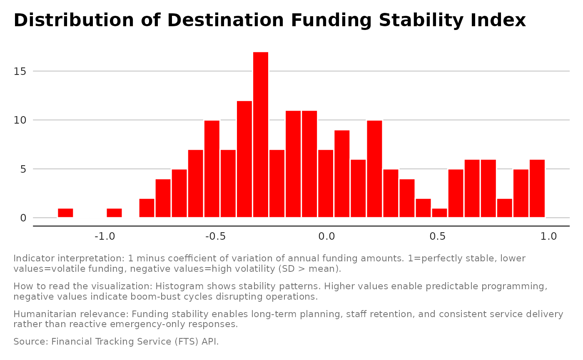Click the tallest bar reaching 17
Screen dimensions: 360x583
coord(261,134)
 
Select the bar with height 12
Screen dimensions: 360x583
coord(244,159)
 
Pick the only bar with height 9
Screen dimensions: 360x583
coord(342,174)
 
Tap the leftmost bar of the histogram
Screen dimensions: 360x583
coord(65,213)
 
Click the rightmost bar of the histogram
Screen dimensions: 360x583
coord(537,189)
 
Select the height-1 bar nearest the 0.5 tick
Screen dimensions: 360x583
coord(439,213)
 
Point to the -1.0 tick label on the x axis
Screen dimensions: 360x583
coord(105,236)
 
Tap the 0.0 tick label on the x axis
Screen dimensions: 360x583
coord(326,236)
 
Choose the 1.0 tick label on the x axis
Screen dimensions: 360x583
coord(548,236)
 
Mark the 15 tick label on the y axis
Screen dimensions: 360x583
coord(20,71)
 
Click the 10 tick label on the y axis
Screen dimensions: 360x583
coord(20,120)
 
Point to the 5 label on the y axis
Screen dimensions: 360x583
coord(23,169)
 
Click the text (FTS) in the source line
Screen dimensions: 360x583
coord(188,342)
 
